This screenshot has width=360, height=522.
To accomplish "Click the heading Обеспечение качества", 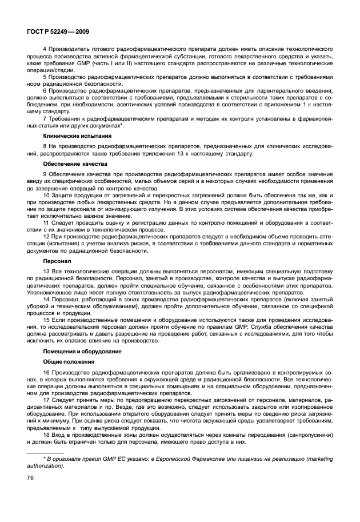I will coord(70,164).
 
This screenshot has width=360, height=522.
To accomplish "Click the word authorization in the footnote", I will coord(47,465).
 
